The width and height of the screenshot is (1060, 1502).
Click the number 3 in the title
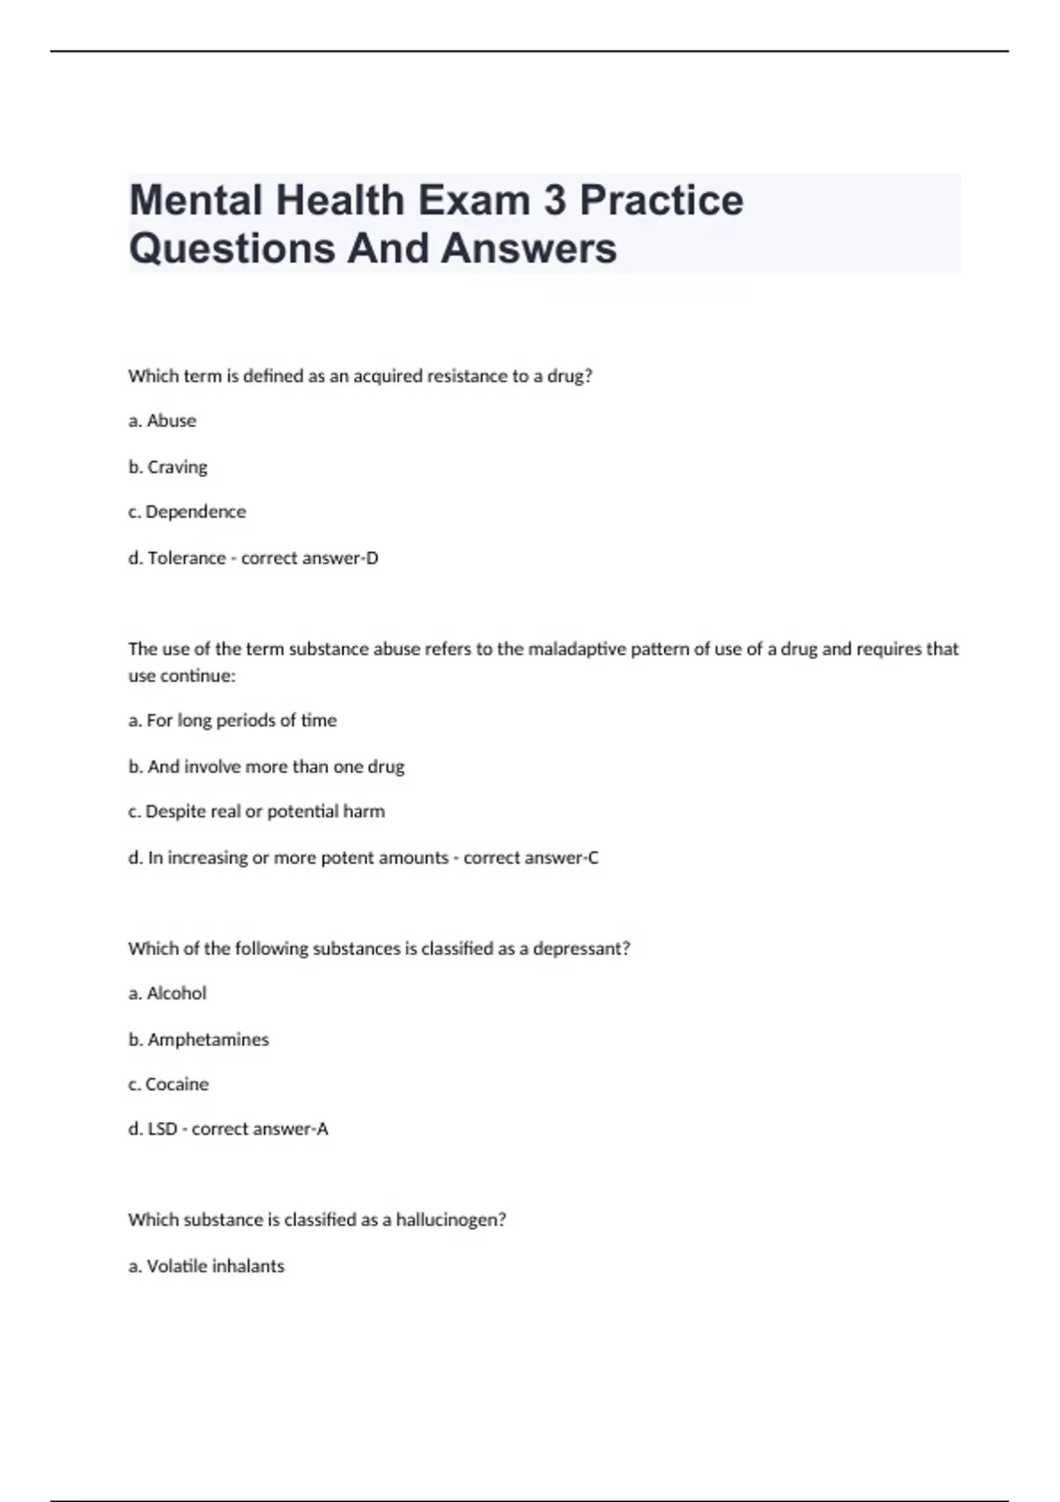pyautogui.click(x=554, y=201)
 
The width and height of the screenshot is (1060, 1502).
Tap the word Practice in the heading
pyautogui.click(x=661, y=201)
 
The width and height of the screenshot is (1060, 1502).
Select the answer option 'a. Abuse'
pyautogui.click(x=163, y=421)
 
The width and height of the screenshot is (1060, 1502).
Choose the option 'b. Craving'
pyautogui.click(x=168, y=467)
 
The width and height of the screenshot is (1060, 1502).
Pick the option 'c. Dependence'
pyautogui.click(x=187, y=512)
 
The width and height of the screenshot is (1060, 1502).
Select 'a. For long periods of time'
pyautogui.click(x=232, y=720)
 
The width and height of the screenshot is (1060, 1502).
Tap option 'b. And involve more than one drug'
pyautogui.click(x=266, y=766)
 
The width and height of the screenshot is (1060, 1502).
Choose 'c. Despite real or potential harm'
pyautogui.click(x=256, y=811)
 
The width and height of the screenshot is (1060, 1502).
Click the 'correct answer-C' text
pyautogui.click(x=531, y=857)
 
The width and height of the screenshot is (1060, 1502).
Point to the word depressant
pyautogui.click(x=580, y=948)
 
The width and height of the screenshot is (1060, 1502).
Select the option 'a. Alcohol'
pyautogui.click(x=167, y=993)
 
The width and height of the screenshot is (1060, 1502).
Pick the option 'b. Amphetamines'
pyautogui.click(x=199, y=1039)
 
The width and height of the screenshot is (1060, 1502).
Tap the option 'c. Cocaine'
pyautogui.click(x=169, y=1084)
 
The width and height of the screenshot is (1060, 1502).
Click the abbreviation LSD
pyautogui.click(x=163, y=1128)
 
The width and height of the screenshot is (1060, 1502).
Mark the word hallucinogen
pyautogui.click(x=450, y=1220)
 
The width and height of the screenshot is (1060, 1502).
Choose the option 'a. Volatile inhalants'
pyautogui.click(x=207, y=1266)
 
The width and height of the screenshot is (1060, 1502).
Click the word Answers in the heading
pyautogui.click(x=528, y=248)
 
